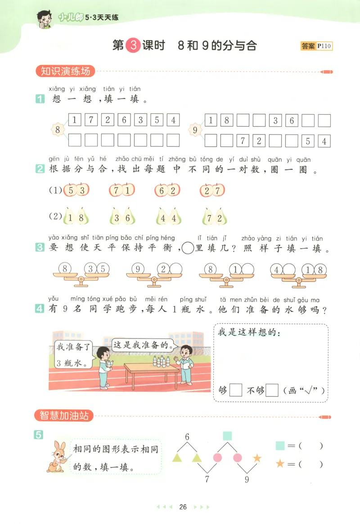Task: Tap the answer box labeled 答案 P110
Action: click(x=317, y=46)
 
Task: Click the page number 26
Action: click(x=183, y=507)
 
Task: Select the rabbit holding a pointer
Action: click(x=56, y=456)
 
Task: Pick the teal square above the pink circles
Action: click(x=228, y=436)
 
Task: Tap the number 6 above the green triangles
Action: click(x=187, y=436)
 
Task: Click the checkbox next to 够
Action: click(x=236, y=390)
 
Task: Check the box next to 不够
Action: click(x=272, y=390)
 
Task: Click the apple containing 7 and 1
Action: click(x=121, y=190)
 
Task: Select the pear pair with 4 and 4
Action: click(x=169, y=218)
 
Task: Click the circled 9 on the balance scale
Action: click(x=138, y=269)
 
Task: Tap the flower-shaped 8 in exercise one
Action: click(x=58, y=130)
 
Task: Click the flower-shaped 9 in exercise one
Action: click(x=195, y=130)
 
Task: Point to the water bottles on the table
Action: click(x=162, y=361)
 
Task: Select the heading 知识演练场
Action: click(x=66, y=71)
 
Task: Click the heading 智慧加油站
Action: click(x=64, y=416)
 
